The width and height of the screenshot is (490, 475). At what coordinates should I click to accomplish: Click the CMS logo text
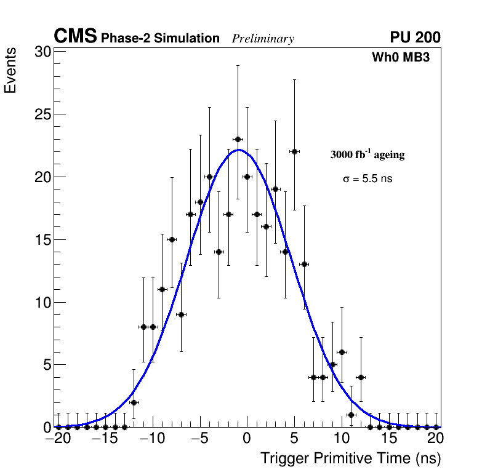click(x=75, y=37)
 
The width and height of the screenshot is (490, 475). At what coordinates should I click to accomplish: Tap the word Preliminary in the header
click(x=263, y=39)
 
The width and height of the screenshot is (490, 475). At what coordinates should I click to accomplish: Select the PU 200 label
click(x=415, y=38)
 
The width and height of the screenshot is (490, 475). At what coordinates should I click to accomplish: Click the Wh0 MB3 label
click(x=400, y=57)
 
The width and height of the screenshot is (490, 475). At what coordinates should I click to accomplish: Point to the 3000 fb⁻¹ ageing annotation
click(x=367, y=154)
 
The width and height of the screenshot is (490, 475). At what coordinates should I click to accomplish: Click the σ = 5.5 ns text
click(x=367, y=179)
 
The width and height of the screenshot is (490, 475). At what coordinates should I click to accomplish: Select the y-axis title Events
click(x=10, y=73)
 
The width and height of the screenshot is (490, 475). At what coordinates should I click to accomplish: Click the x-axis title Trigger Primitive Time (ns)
click(x=350, y=459)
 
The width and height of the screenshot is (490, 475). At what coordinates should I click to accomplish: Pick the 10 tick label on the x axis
click(x=341, y=439)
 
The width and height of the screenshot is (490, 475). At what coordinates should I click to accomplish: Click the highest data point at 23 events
click(x=238, y=139)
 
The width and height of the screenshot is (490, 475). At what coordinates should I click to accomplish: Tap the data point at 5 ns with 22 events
click(x=294, y=151)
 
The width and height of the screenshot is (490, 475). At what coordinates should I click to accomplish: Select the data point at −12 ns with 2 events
click(x=134, y=402)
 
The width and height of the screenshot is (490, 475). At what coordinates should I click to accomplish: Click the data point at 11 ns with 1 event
click(x=351, y=415)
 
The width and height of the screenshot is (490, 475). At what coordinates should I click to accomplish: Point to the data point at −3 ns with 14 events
click(x=219, y=252)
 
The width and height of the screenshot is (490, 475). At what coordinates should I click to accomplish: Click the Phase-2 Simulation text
click(x=160, y=39)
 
